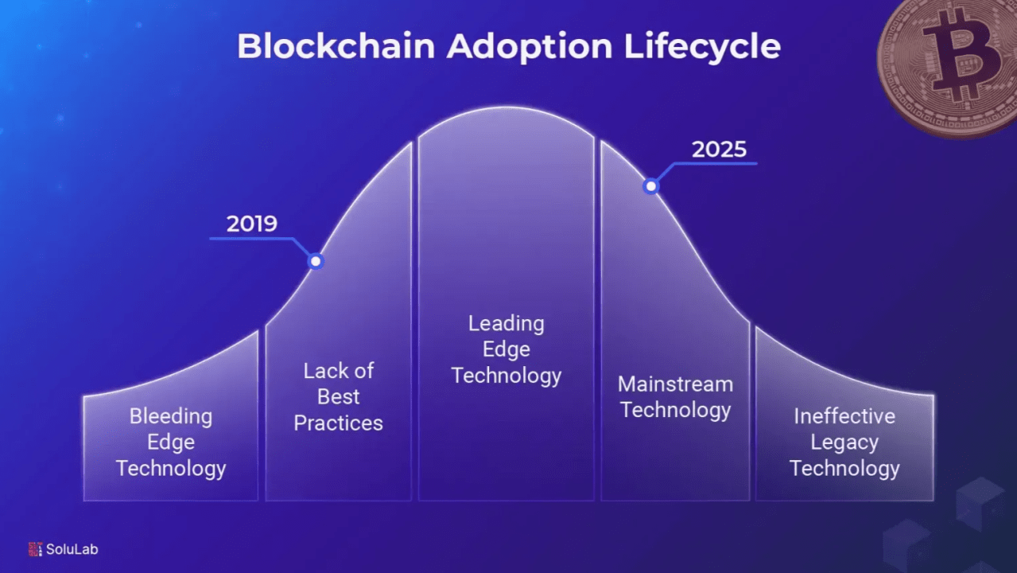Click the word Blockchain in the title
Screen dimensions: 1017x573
pyautogui.click(x=336, y=46)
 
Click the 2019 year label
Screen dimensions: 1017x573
pyautogui.click(x=252, y=224)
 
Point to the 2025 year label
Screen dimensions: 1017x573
pyautogui.click(x=719, y=150)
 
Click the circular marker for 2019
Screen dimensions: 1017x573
pyautogui.click(x=316, y=261)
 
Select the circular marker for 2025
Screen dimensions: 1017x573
pyautogui.click(x=651, y=186)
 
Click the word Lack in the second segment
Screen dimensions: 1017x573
pyautogui.click(x=321, y=371)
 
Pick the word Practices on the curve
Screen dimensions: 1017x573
pyautogui.click(x=338, y=423)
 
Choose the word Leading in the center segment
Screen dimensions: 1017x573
pyautogui.click(x=507, y=325)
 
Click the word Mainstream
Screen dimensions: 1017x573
pyautogui.click(x=676, y=384)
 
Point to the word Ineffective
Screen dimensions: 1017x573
pyautogui.click(x=844, y=416)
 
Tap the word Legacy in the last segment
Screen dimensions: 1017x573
pyautogui.click(x=844, y=443)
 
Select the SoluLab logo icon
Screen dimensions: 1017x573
pyautogui.click(x=35, y=549)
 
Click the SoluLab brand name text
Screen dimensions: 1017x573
pyautogui.click(x=72, y=549)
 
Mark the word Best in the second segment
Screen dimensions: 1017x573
pyautogui.click(x=338, y=396)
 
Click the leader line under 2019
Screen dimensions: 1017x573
pyautogui.click(x=268, y=239)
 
